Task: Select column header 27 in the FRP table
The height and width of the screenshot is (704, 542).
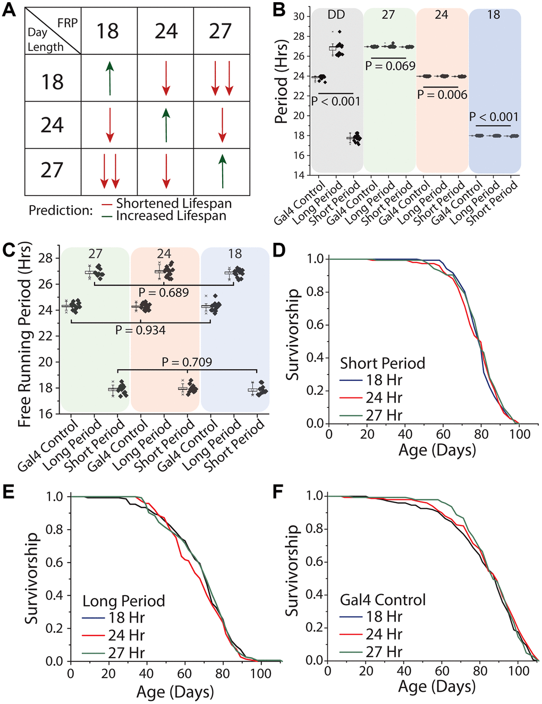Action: (220, 31)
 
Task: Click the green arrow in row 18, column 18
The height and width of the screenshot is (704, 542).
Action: (109, 78)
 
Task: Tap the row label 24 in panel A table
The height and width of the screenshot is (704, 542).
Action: (52, 125)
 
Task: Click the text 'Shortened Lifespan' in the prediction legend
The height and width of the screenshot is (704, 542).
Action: (174, 203)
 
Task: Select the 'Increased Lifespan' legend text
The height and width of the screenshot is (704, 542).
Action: (171, 216)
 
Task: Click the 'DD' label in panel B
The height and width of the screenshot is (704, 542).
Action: (336, 15)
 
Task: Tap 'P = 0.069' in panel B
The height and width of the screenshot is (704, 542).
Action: (390, 66)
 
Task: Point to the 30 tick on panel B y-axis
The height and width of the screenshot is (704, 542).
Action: (299, 16)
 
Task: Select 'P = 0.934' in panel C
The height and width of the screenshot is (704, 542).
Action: (140, 330)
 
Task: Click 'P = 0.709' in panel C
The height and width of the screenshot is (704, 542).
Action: (187, 362)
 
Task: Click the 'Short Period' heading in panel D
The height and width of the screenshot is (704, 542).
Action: (383, 363)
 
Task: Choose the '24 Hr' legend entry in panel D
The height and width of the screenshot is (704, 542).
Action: (384, 397)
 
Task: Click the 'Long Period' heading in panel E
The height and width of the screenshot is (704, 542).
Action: (123, 601)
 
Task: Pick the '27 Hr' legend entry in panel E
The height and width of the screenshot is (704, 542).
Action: (126, 652)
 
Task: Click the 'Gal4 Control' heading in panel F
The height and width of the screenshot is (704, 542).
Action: (383, 600)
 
